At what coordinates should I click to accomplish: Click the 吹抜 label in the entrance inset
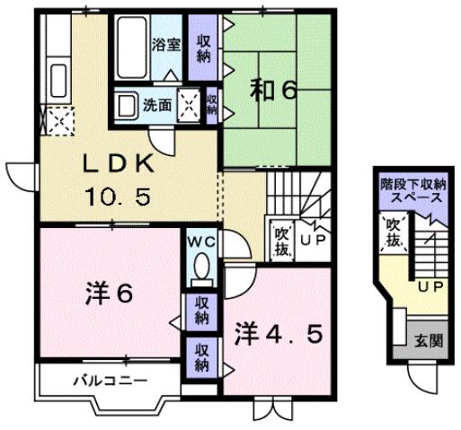pos(393,233)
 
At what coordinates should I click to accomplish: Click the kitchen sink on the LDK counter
pos(56,75)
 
